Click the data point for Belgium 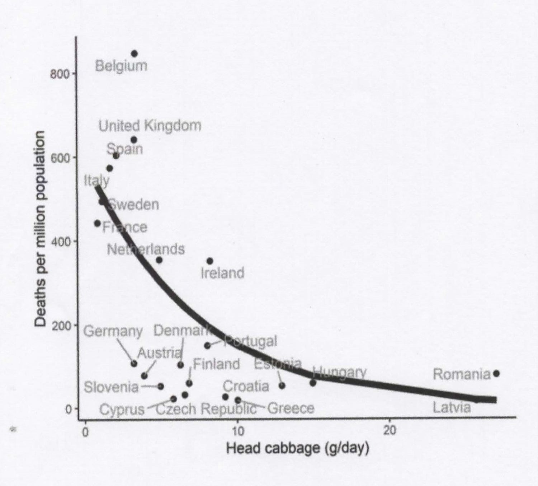pos(134,54)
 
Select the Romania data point pos(496,374)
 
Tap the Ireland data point pos(210,261)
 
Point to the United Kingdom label pos(150,126)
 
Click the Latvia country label pos(452,408)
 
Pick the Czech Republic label pos(206,409)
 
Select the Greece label pos(291,408)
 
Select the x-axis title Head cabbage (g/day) pos(298,448)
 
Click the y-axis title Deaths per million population pos(41,229)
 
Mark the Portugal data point pos(207,346)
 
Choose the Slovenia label pos(111,387)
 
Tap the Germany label pos(113,331)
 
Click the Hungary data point pos(313,383)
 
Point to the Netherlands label pos(146,249)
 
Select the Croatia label pos(246,386)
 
